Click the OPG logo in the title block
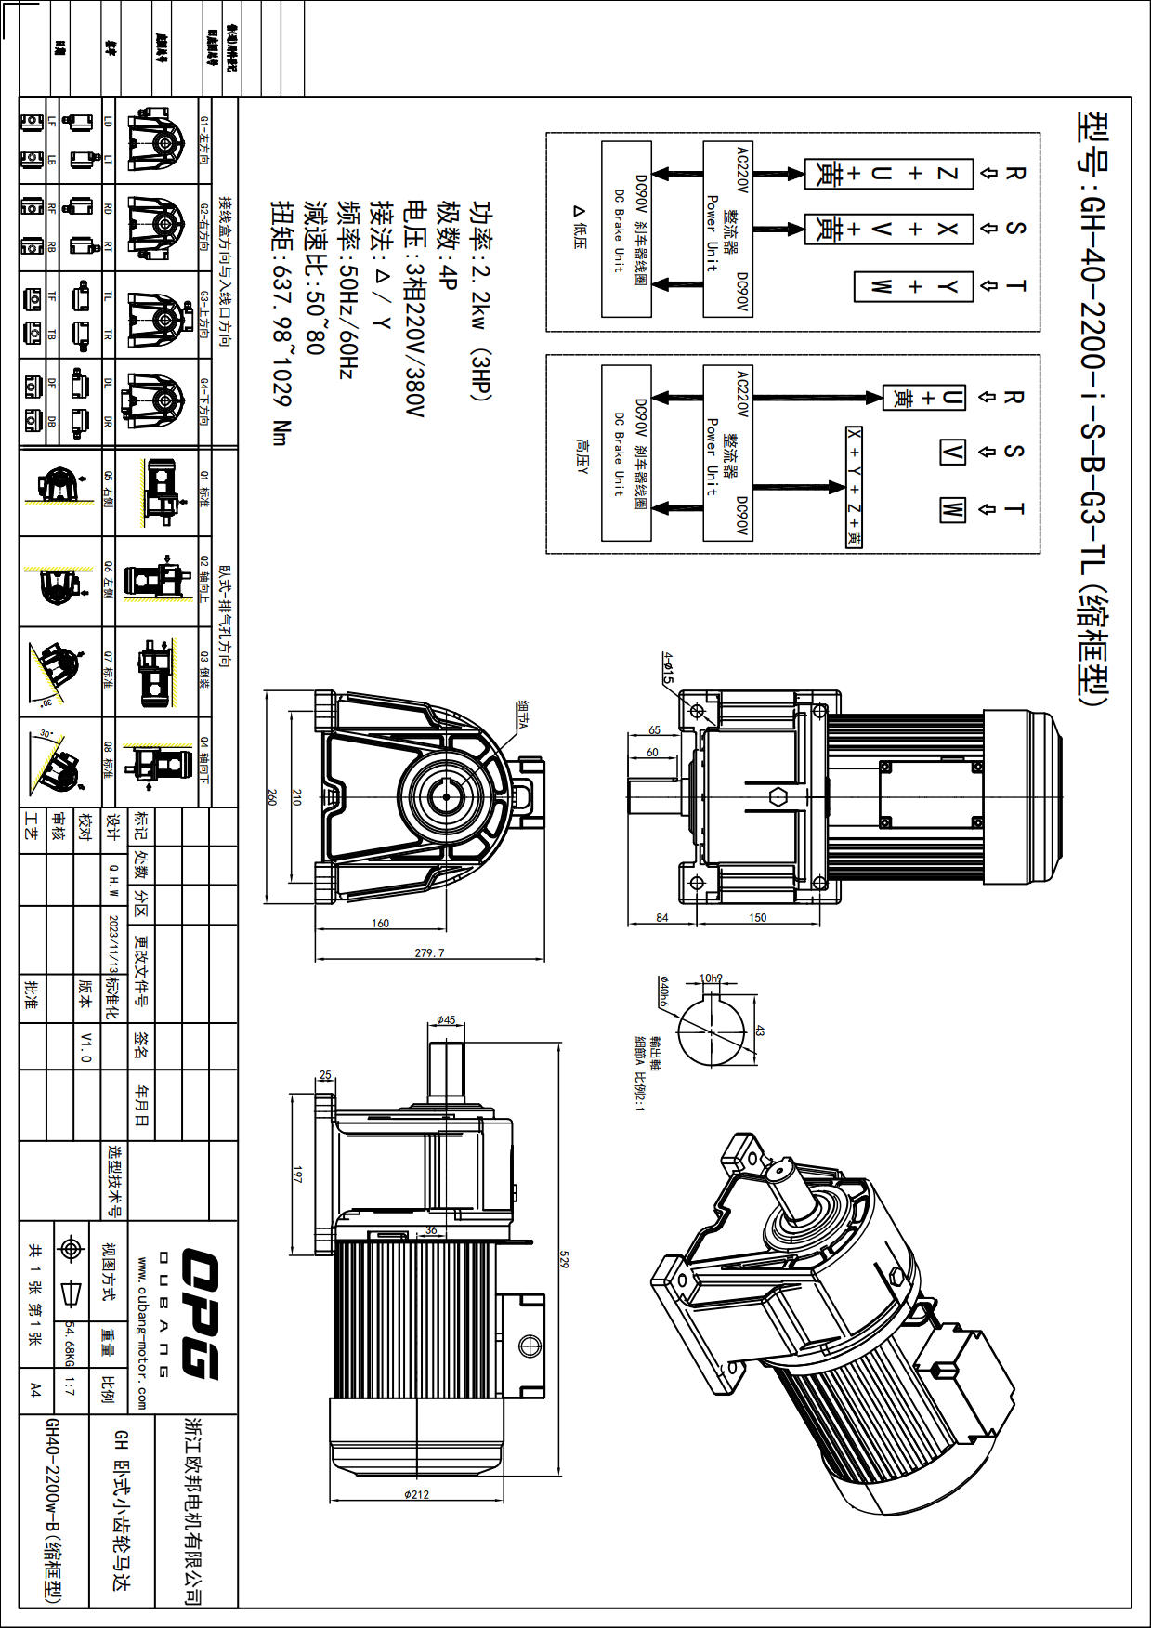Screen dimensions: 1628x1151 (x=200, y=1314)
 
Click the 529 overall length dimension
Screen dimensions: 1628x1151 (x=563, y=1259)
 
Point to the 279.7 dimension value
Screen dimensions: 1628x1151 (x=429, y=952)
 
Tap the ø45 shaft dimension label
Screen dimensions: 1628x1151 (x=446, y=1020)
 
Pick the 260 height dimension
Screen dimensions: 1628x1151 (x=272, y=797)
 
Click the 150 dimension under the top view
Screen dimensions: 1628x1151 (x=757, y=918)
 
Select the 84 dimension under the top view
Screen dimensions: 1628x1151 (x=661, y=918)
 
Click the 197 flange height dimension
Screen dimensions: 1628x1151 (x=298, y=1175)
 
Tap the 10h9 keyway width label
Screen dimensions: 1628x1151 (x=711, y=978)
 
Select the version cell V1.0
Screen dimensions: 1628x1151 (x=86, y=1046)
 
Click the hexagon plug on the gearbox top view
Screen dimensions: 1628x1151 (x=778, y=796)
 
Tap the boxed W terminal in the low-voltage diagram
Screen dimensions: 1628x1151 (x=880, y=286)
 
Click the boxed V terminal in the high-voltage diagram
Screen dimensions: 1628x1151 (x=952, y=453)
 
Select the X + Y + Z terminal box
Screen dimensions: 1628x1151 (x=854, y=487)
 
